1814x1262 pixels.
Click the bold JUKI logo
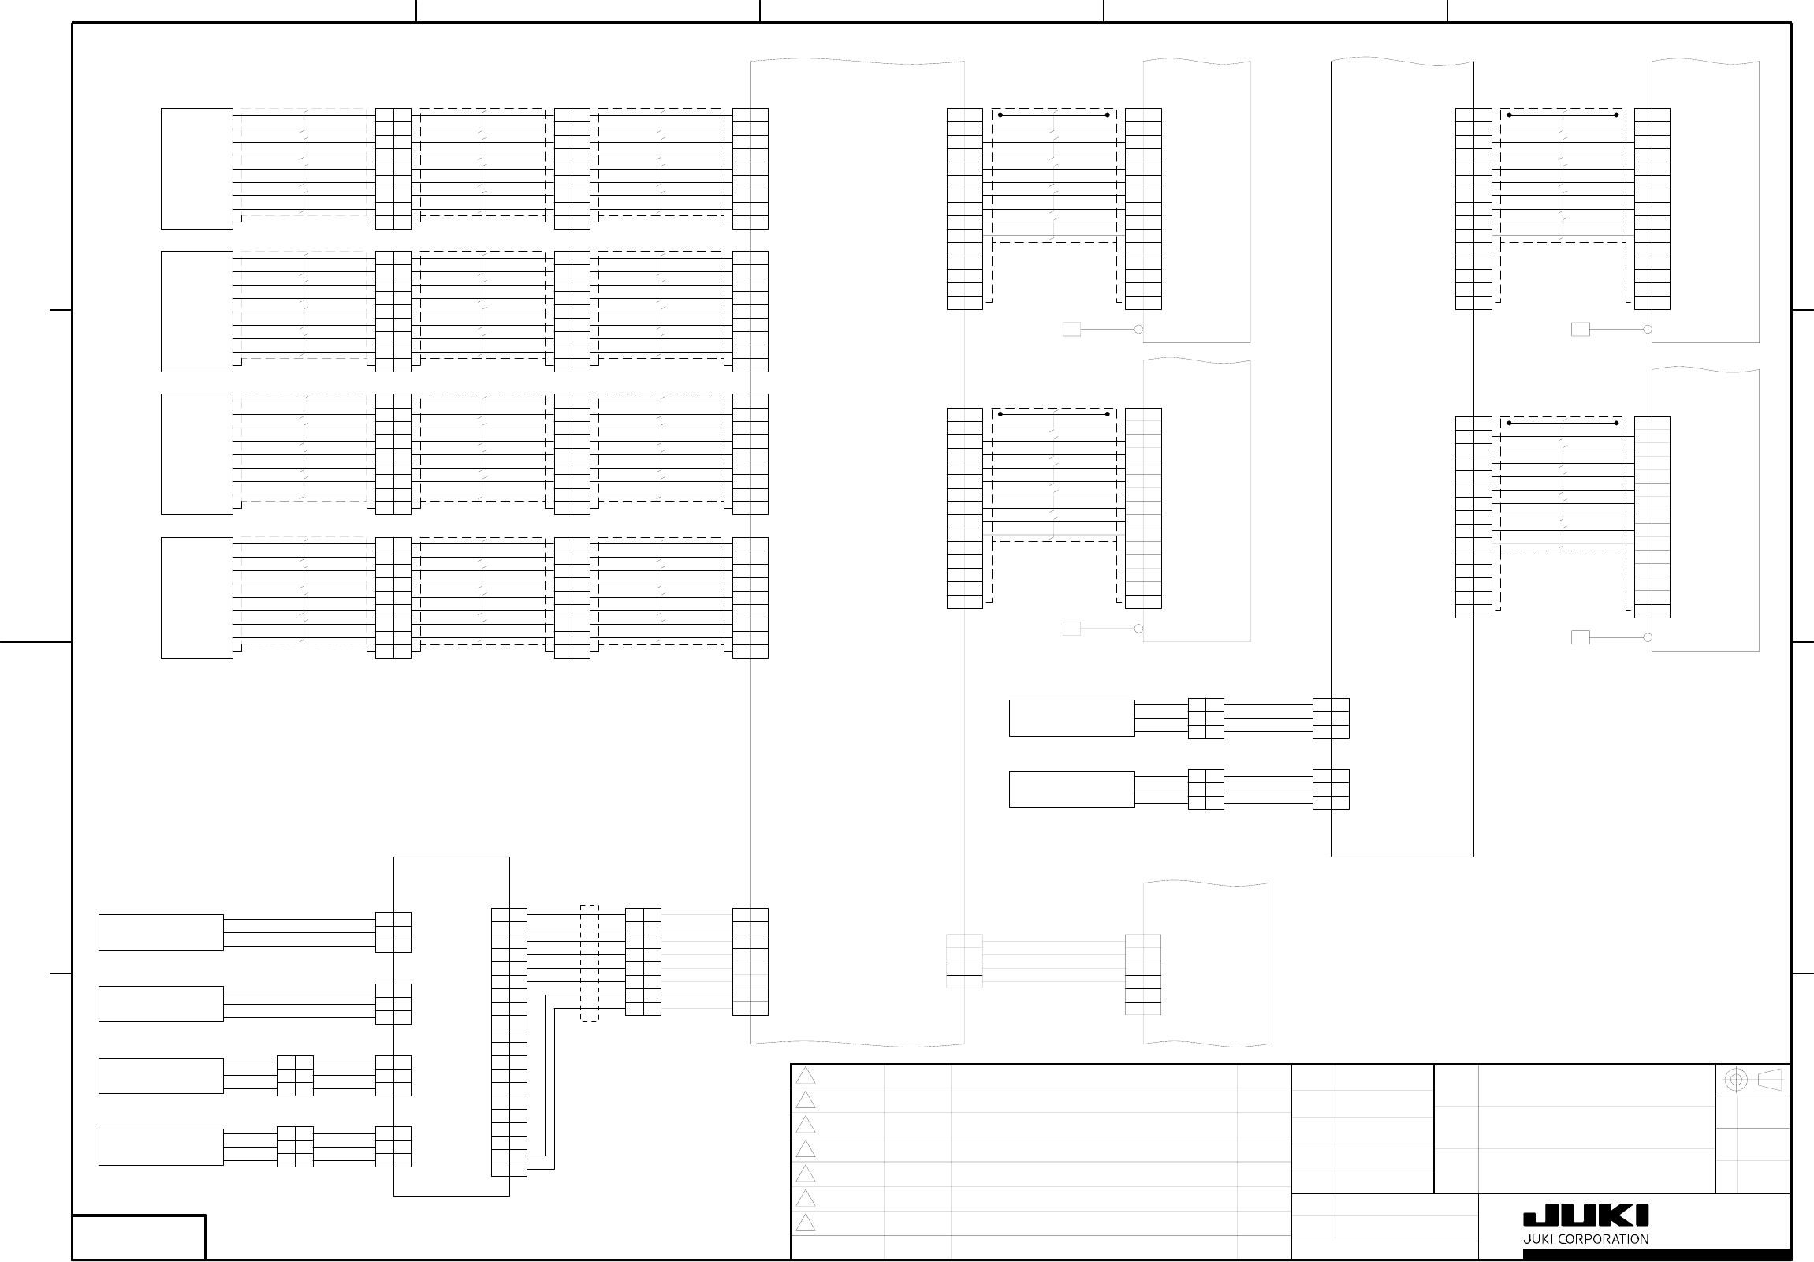click(1585, 1215)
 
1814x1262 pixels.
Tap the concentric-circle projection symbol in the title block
click(1735, 1081)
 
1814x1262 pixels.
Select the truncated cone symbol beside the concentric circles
click(1771, 1081)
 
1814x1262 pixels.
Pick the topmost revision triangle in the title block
click(805, 1076)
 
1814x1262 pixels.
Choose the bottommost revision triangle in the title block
click(805, 1223)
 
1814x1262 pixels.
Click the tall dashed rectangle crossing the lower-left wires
click(590, 963)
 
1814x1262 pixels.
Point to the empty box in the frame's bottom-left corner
click(139, 1237)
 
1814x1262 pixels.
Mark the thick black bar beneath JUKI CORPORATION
click(1656, 1254)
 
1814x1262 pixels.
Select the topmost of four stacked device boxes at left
click(197, 168)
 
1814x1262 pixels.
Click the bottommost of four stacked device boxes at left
click(197, 597)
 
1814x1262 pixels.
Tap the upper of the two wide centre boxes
click(1071, 718)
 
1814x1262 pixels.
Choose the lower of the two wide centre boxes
click(1071, 789)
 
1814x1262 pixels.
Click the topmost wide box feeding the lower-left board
click(161, 932)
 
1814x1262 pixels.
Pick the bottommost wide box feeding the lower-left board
click(161, 1147)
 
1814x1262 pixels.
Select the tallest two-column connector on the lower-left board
click(508, 1042)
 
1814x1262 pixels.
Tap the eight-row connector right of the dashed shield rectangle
click(643, 961)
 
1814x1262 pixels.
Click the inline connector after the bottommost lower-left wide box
click(295, 1147)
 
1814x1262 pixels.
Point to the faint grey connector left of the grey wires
click(965, 961)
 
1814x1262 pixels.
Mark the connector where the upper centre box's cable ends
click(1331, 718)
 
